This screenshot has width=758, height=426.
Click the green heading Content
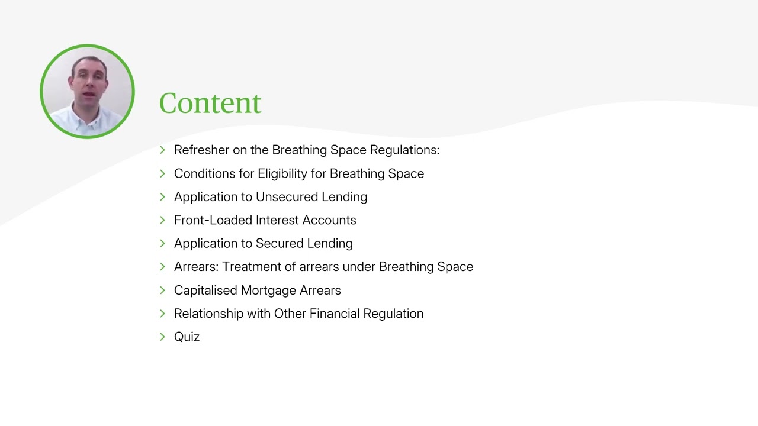coord(210,103)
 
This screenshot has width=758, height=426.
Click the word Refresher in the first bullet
coord(201,150)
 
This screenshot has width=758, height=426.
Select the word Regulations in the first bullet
coord(404,150)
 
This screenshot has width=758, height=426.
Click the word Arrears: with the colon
coord(197,267)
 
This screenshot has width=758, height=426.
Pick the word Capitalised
coord(205,291)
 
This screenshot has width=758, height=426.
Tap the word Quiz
coord(187,337)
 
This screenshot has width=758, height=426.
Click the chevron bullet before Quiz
coord(163,337)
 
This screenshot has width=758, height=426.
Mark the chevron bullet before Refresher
coord(163,150)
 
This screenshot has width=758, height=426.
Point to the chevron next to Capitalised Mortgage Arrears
coord(163,290)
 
